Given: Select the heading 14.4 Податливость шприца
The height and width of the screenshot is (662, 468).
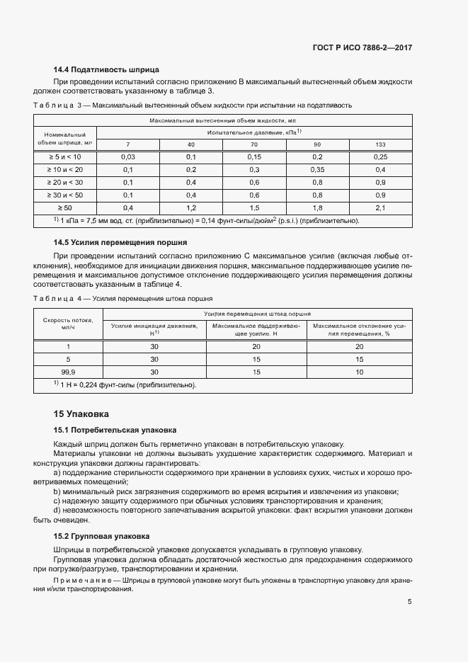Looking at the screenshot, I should pyautogui.click(x=106, y=69).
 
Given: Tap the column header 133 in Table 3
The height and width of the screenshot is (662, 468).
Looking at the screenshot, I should pyautogui.click(x=380, y=144).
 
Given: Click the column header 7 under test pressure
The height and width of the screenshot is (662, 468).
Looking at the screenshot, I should pyautogui.click(x=128, y=144).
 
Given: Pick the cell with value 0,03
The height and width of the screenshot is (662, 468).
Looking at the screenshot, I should pyautogui.click(x=128, y=156).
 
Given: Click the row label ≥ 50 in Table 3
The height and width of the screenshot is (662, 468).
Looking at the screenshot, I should pyautogui.click(x=65, y=207).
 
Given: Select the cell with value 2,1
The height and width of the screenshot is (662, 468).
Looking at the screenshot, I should pyautogui.click(x=380, y=207).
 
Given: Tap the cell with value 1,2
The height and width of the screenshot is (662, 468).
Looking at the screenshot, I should pyautogui.click(x=191, y=207).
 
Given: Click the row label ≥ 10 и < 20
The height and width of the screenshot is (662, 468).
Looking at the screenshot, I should pyautogui.click(x=65, y=169).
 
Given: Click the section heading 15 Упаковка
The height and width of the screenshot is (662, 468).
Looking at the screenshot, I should pyautogui.click(x=81, y=413).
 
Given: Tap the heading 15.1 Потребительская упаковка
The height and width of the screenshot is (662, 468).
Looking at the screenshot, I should pyautogui.click(x=115, y=430).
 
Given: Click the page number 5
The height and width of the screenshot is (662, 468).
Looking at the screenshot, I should pyautogui.click(x=410, y=603).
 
